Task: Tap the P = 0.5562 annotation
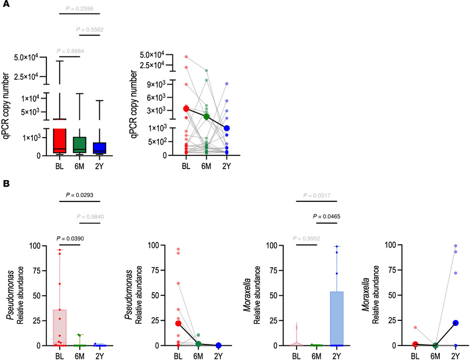click(89, 30)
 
